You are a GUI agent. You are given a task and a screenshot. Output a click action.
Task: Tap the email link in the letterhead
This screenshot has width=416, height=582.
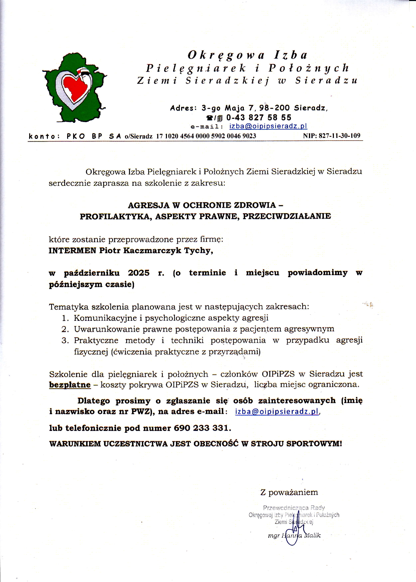[268, 126]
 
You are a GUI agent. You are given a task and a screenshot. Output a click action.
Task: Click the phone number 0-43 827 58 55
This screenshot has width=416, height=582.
[259, 117]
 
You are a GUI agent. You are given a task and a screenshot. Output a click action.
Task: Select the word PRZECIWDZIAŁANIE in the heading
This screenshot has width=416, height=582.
[287, 216]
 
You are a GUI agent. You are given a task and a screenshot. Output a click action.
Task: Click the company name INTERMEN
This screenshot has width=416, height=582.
[72, 250]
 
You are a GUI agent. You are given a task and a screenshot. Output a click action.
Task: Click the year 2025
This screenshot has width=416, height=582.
[139, 273]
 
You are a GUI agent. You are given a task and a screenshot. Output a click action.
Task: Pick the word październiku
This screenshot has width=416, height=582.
[92, 273]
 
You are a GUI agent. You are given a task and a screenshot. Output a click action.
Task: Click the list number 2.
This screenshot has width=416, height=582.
[65, 329]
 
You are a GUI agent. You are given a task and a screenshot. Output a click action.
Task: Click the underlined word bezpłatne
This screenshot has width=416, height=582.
[70, 385]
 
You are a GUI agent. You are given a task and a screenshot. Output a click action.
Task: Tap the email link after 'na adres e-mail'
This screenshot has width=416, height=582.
[277, 411]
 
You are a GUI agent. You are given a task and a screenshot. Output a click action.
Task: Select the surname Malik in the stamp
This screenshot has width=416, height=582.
[312, 535]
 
